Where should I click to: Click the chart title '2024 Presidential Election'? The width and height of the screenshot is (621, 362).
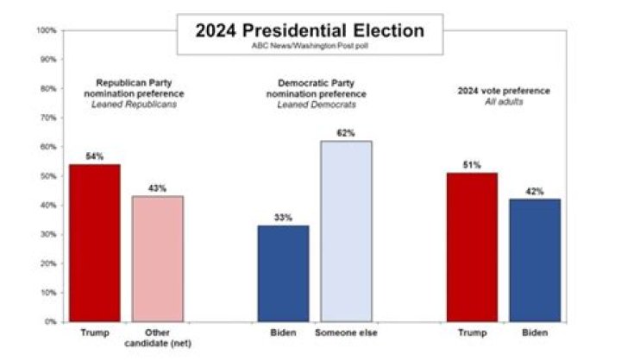310,31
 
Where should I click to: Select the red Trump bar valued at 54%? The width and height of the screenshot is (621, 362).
94,243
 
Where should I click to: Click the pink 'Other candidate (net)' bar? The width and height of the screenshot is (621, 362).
157,258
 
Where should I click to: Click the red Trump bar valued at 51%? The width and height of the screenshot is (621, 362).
472,247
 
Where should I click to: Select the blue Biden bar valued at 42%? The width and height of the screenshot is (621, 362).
535,260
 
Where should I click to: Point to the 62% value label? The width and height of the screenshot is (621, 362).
346,132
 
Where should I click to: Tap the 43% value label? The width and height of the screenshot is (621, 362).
157,187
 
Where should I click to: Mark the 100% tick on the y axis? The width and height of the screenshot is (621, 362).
47,30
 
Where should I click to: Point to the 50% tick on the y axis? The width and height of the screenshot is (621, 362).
48,176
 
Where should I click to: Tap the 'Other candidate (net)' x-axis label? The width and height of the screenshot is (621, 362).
157,339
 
